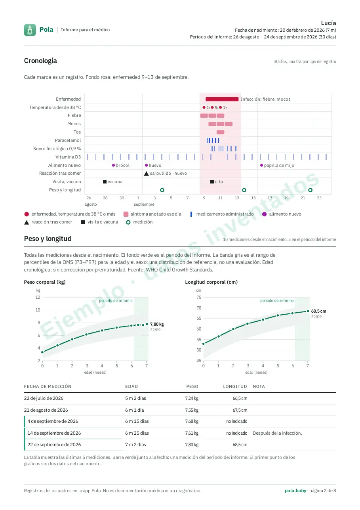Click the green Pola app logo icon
point(30,30)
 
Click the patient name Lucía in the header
point(328,23)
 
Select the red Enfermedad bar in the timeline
point(222,99)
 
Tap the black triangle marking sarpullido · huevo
point(146,174)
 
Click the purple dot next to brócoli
point(113,165)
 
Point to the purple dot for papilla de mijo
point(261,165)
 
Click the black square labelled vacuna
point(105,181)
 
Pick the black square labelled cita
point(212,181)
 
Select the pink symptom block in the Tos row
point(220,132)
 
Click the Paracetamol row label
point(68,140)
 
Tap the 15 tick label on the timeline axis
point(253,198)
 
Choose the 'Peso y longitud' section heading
point(48,239)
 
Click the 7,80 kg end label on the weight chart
point(157,324)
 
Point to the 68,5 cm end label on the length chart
point(318,311)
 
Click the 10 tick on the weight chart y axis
point(38,310)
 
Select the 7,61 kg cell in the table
point(192,433)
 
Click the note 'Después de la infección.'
point(277,433)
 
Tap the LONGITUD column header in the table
point(235,386)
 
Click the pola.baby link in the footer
point(295,491)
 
